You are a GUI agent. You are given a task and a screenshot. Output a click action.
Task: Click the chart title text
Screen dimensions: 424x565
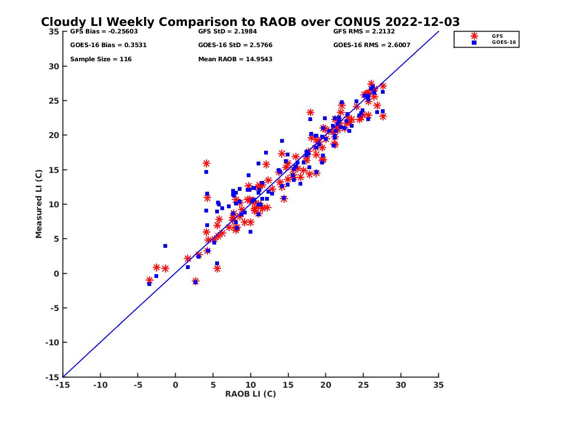click(x=250, y=22)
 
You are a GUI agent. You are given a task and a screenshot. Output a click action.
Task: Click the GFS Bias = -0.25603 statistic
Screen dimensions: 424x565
click(x=98, y=32)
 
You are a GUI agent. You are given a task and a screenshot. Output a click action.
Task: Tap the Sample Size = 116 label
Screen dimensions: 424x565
click(x=101, y=59)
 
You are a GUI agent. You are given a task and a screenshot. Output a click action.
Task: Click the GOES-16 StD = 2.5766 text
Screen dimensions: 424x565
click(x=235, y=45)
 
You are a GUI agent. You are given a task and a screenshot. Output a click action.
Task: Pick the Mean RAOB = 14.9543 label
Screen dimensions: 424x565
click(x=235, y=59)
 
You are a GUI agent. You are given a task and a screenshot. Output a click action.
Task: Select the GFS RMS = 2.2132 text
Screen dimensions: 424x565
click(x=364, y=32)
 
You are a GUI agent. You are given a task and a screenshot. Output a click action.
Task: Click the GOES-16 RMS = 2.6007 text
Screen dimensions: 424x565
click(x=371, y=45)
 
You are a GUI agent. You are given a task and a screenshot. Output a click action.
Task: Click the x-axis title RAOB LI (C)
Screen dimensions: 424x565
click(x=250, y=394)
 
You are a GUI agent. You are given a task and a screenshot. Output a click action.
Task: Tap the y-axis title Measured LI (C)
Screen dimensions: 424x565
click(x=39, y=204)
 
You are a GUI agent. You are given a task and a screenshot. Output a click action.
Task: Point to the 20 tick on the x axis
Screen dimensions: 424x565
click(x=326, y=385)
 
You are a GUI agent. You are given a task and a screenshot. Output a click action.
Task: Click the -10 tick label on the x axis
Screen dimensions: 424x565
click(x=100, y=385)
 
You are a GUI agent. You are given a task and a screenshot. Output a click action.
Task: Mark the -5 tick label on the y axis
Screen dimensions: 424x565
click(x=53, y=308)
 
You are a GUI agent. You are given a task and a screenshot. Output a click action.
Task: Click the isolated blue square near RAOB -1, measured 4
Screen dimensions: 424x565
click(x=165, y=246)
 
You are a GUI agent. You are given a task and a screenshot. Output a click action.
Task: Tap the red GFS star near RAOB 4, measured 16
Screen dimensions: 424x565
click(x=206, y=163)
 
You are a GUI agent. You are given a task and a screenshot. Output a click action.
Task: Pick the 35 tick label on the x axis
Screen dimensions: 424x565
click(x=438, y=385)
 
